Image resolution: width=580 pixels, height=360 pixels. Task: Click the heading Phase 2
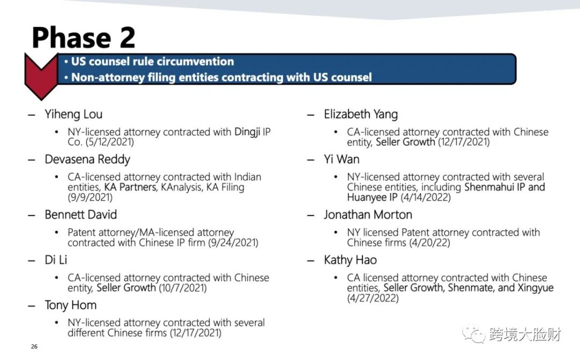(84, 38)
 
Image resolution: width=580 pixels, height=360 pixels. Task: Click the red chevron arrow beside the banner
(41, 76)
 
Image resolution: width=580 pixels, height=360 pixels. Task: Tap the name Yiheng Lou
(73, 114)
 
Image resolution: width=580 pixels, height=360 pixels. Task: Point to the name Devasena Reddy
(88, 160)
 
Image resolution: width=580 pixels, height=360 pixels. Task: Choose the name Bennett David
(81, 214)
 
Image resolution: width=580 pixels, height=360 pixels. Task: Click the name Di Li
(56, 260)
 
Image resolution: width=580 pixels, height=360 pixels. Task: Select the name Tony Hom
(71, 305)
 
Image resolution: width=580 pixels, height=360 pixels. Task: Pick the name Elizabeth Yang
(361, 114)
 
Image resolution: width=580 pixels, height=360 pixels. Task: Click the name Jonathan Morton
(368, 214)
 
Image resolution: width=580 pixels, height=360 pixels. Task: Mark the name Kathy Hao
(350, 260)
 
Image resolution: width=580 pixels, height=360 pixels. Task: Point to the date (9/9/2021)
(90, 197)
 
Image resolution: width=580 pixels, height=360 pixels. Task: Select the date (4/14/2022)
(425, 197)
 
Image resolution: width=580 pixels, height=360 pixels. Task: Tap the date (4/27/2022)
(373, 298)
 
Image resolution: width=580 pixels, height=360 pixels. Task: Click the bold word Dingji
(247, 132)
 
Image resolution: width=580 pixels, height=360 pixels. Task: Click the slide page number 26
(34, 347)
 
